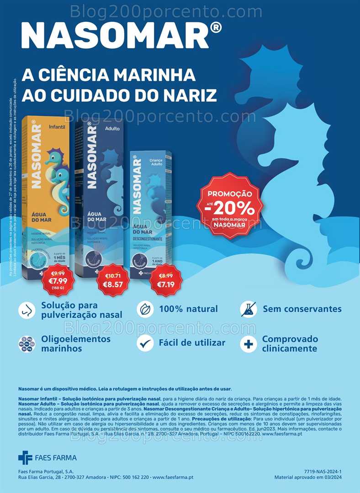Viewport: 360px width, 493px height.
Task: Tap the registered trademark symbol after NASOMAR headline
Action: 217,28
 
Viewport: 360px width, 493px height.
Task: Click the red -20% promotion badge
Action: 229,205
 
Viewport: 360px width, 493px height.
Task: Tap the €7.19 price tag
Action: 165,280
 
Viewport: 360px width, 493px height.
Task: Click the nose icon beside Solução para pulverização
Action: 26,310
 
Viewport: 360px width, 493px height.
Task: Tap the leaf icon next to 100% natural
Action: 145,309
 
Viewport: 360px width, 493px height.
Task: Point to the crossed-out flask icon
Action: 249,309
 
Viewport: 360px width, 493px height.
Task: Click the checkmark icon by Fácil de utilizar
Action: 145,343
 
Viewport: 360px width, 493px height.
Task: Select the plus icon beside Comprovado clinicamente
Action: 249,344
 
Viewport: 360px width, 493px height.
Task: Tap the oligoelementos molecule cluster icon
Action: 26,344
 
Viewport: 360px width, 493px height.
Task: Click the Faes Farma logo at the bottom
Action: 48,457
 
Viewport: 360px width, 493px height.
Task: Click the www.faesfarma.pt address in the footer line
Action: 173,477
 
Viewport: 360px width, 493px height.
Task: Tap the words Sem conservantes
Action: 302,309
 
